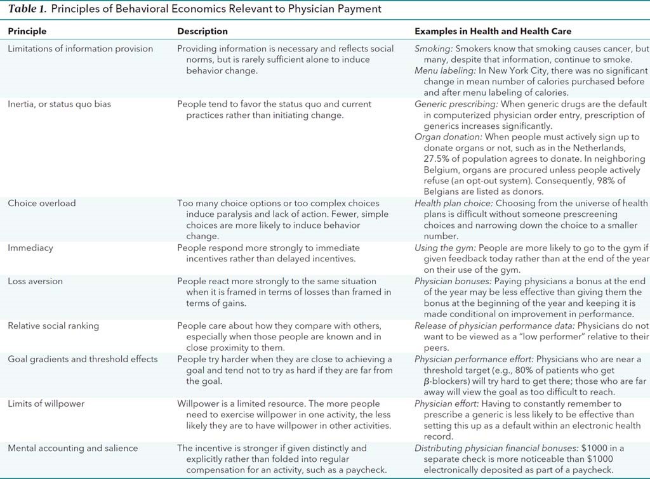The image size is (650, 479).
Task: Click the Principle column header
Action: (27, 31)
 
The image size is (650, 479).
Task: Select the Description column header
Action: (202, 31)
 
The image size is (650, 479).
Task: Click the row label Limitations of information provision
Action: (80, 49)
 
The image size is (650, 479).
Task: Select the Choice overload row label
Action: (41, 204)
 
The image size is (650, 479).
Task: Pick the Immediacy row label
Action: (31, 248)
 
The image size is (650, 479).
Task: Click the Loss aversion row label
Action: (36, 281)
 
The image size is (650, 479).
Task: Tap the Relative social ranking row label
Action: (54, 326)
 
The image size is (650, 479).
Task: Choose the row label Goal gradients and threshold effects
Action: (83, 359)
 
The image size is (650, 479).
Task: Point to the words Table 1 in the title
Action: (28, 9)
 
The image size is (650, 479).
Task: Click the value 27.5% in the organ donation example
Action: (428, 159)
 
